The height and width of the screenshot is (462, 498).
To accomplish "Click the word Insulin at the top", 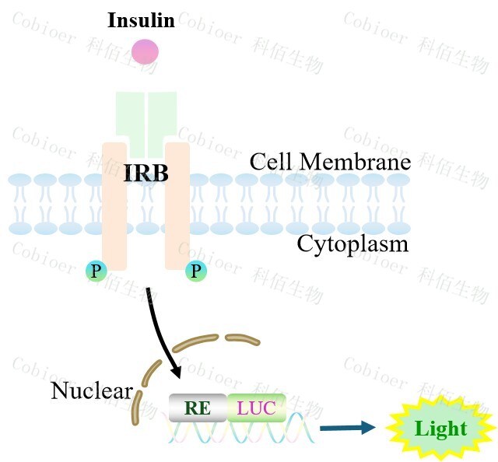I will coord(141,19).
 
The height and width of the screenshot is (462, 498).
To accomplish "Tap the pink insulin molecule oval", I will coord(145,51).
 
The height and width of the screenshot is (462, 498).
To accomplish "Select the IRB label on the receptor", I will coord(146,173).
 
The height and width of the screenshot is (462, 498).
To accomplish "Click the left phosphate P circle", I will coord(96,271).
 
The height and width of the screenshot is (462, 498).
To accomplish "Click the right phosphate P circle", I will coord(195,271).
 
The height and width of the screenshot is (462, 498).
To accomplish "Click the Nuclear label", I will coord(92,390).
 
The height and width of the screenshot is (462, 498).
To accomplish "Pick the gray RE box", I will coord(198,407).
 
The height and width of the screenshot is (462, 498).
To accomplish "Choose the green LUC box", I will coord(257,407).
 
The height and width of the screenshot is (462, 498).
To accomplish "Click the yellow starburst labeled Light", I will coord(440,428).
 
